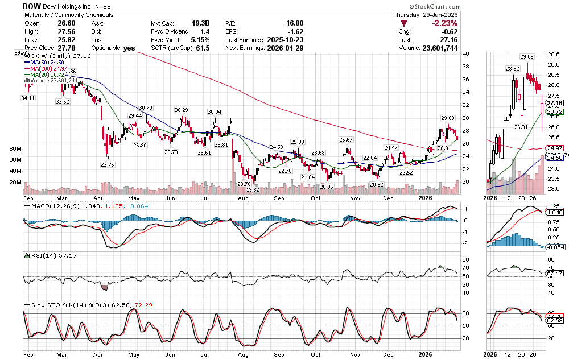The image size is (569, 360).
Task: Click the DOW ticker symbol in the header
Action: (x=31, y=6)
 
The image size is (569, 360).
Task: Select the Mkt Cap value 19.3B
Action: (x=200, y=23)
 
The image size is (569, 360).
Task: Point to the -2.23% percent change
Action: (x=444, y=23)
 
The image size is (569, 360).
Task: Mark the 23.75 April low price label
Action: (x=108, y=164)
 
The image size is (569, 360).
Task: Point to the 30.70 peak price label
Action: (x=146, y=108)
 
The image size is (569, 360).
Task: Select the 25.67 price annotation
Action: (x=346, y=139)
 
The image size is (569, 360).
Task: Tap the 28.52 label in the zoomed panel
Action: (x=513, y=68)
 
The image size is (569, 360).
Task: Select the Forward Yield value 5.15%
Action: (x=200, y=40)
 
